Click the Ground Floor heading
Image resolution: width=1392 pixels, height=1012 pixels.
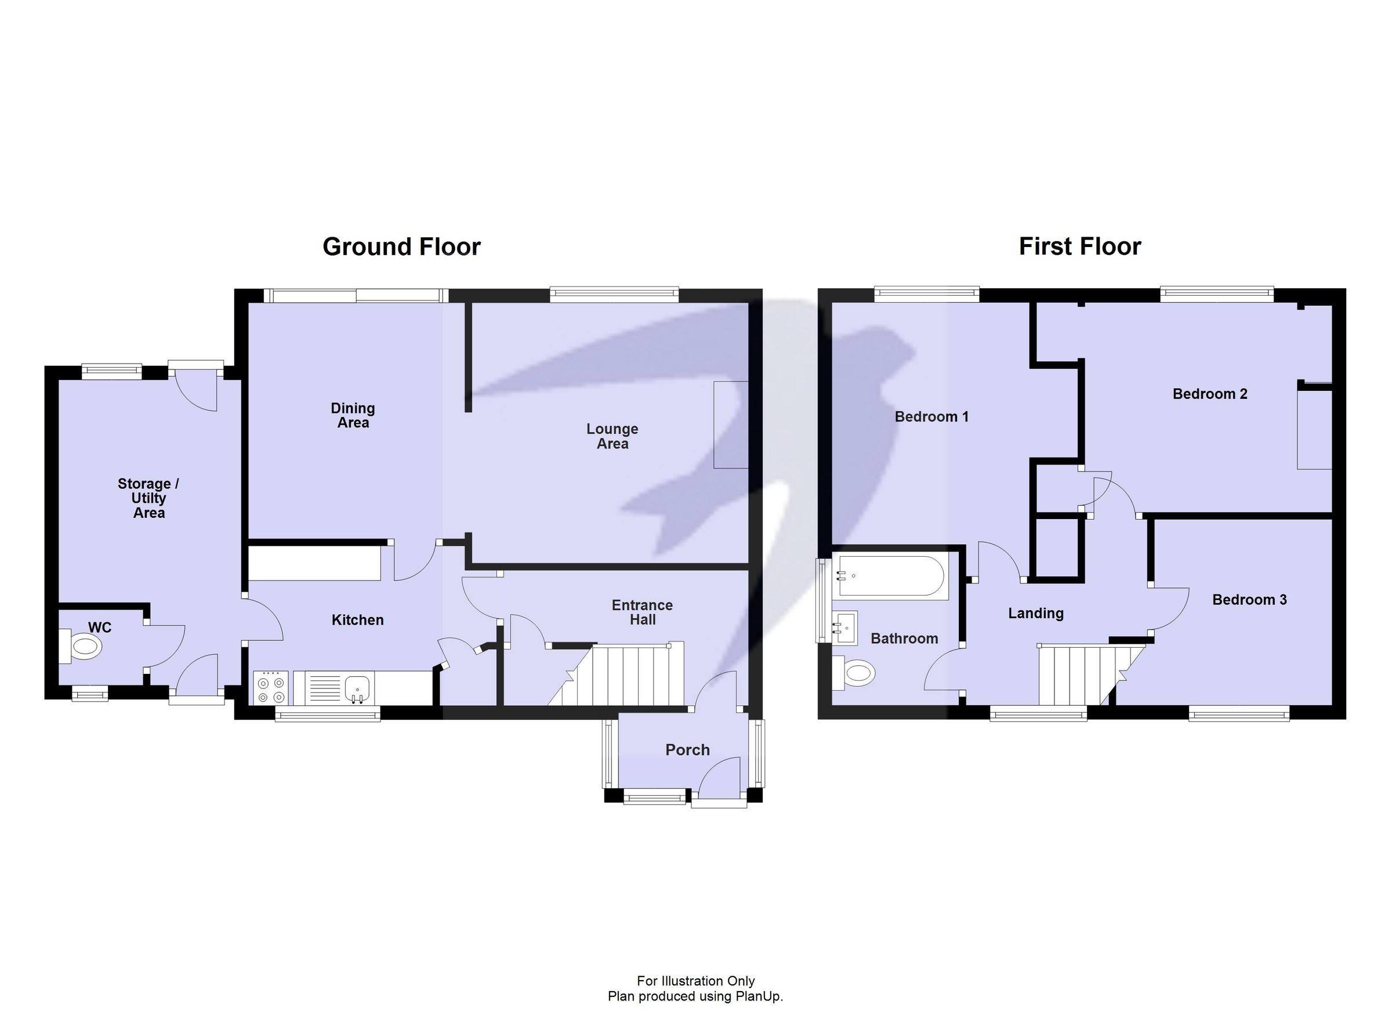coord(401,246)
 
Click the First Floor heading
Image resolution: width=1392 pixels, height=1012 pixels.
coord(1079,246)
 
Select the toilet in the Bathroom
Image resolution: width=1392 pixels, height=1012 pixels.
coord(857,673)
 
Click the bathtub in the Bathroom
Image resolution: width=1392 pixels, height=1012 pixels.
coord(890,576)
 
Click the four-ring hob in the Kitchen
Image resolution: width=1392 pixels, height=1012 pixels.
coord(271,688)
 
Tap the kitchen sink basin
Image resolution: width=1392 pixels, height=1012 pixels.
coord(357,687)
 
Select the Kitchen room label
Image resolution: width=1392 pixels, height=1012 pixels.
coord(357,620)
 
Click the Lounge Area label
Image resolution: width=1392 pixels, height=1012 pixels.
coord(612,436)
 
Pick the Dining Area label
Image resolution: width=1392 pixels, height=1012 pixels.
coord(353,415)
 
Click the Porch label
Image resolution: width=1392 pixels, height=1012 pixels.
coord(687,750)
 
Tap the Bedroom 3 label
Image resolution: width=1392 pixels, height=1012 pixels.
coord(1249,600)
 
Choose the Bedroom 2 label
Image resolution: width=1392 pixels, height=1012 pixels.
coord(1210,394)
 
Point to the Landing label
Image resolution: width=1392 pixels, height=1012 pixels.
coord(1035,613)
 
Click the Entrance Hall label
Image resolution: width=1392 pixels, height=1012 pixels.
coord(642,612)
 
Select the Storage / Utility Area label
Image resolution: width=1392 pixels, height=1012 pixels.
coord(148,498)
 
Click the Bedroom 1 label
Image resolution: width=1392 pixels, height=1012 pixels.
coord(931,417)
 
